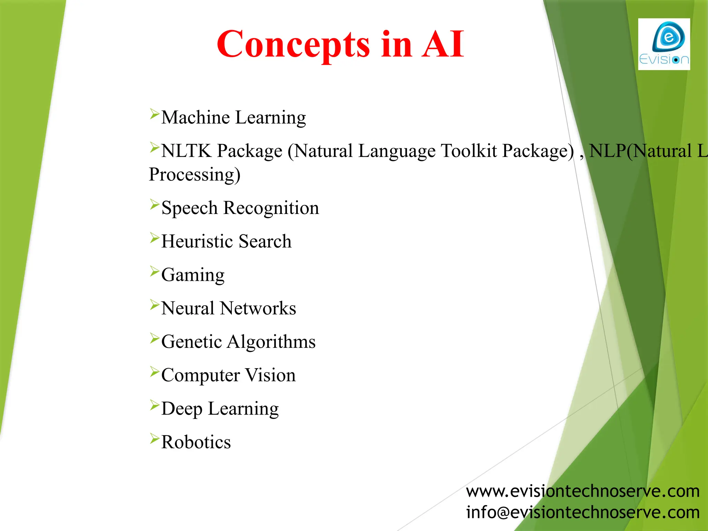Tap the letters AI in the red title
(443, 44)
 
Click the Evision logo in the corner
(664, 44)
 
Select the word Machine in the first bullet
(195, 118)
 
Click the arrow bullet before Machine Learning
(154, 114)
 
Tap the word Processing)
(194, 174)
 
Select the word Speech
(189, 208)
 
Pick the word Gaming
(193, 275)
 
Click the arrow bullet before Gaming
(154, 271)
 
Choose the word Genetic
(192, 342)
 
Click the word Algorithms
(271, 342)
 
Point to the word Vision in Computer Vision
(270, 375)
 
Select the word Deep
(181, 409)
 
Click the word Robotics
(196, 442)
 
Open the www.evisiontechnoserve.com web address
(583, 491)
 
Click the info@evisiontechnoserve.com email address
(583, 512)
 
